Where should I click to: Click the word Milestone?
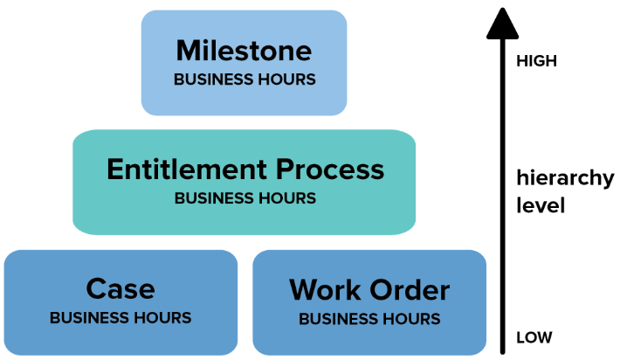[244, 51]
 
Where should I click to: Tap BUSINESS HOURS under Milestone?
[245, 80]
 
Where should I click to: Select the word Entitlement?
[187, 170]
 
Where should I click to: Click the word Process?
[330, 170]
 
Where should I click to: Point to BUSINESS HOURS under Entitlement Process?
[245, 198]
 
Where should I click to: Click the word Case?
[121, 289]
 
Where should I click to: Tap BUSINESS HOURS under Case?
[121, 318]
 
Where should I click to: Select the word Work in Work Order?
[325, 290]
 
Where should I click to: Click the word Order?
[410, 290]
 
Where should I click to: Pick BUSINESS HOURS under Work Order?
[369, 319]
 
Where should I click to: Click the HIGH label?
[536, 61]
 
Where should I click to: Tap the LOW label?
[534, 337]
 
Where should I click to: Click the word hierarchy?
[566, 178]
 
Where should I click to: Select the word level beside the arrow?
[541, 205]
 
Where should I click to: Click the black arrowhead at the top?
[503, 24]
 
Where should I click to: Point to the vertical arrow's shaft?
[503, 197]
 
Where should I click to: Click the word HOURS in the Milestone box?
[286, 80]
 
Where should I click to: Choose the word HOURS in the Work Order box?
[410, 319]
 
